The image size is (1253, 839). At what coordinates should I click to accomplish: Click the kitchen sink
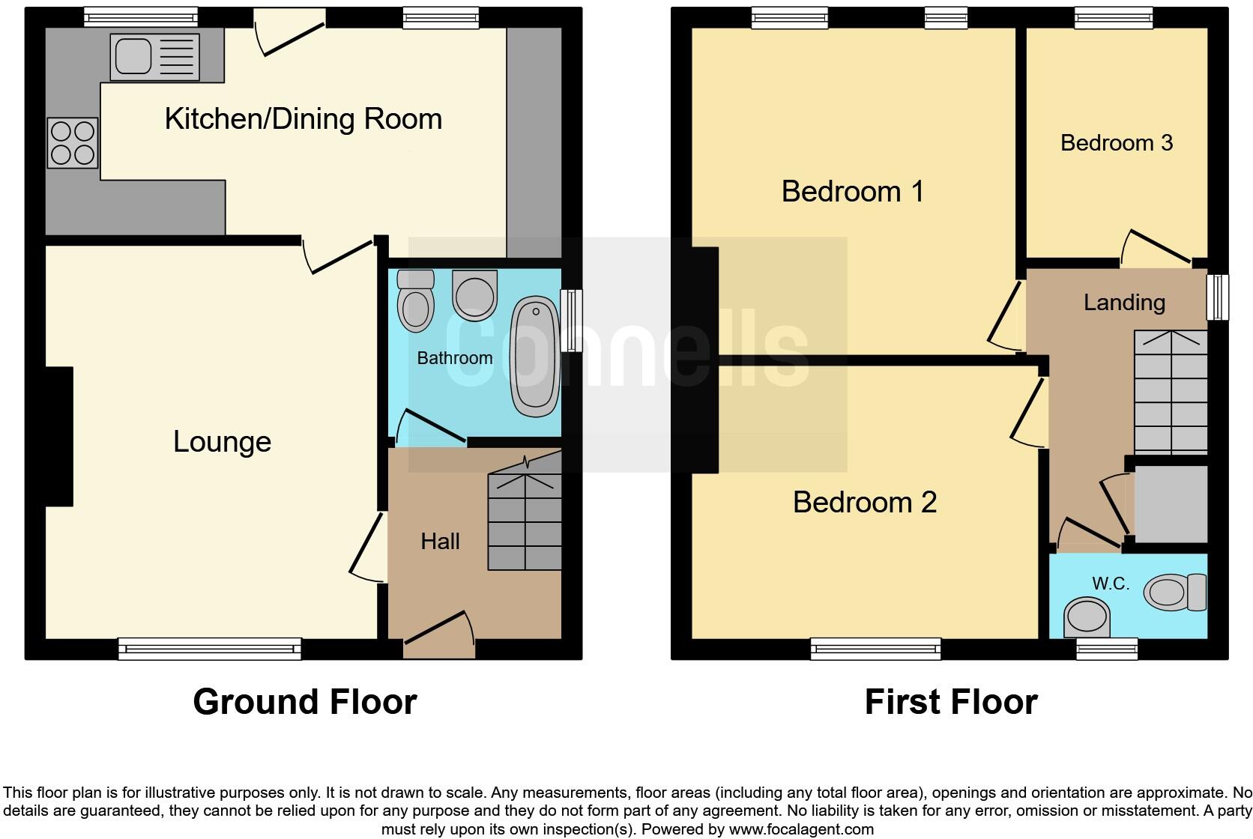click(155, 57)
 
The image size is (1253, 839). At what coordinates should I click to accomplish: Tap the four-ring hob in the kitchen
click(73, 142)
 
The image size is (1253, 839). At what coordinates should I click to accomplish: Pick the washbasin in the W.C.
click(1087, 617)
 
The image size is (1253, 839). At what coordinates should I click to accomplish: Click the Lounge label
click(222, 441)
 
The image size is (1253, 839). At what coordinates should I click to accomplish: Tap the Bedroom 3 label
click(1116, 142)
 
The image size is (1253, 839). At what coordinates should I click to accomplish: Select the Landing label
click(1124, 302)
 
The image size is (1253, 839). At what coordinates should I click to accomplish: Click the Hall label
click(440, 541)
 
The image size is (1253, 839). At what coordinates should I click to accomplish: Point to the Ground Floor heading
click(304, 702)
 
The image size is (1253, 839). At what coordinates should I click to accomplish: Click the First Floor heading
click(950, 702)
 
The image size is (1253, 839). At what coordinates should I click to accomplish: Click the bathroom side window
click(571, 321)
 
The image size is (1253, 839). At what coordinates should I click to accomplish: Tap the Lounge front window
click(210, 649)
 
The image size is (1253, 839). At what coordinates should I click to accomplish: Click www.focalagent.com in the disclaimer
click(800, 829)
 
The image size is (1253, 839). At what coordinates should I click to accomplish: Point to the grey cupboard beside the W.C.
click(1171, 503)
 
